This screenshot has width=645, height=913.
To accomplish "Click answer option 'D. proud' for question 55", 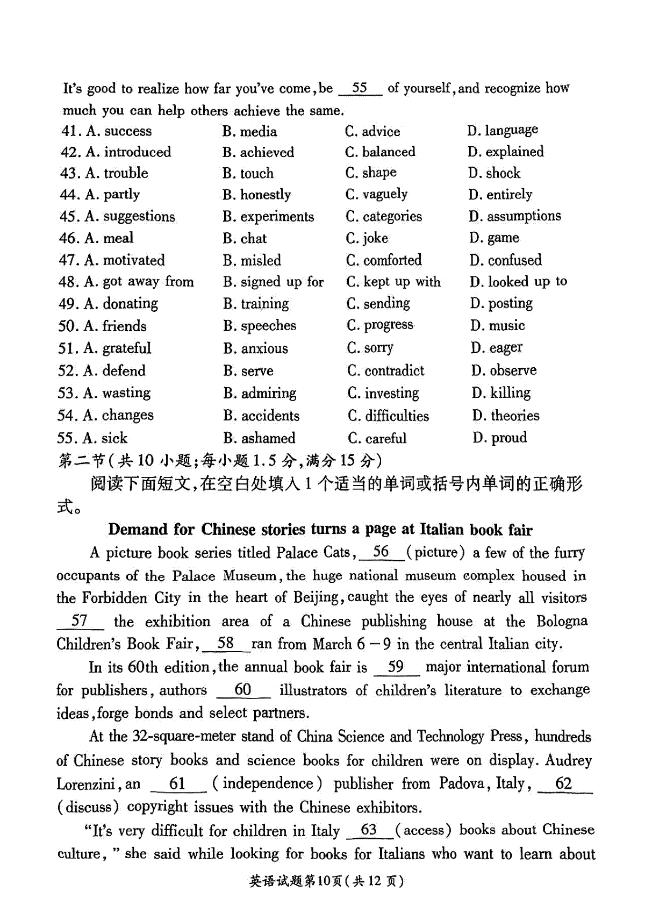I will [x=499, y=438].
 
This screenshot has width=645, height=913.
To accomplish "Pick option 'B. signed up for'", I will [x=273, y=282].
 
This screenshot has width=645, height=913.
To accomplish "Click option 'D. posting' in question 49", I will [x=501, y=303].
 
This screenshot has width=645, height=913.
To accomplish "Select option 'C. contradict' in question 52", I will [x=385, y=370].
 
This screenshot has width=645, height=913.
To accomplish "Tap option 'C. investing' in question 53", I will [x=383, y=393].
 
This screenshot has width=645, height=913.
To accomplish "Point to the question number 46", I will [x=68, y=238].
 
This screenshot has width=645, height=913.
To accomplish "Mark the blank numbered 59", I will [x=396, y=667].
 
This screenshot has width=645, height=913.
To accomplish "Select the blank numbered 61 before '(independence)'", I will [x=178, y=783].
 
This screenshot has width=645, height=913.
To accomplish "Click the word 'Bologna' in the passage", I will [x=562, y=621].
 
